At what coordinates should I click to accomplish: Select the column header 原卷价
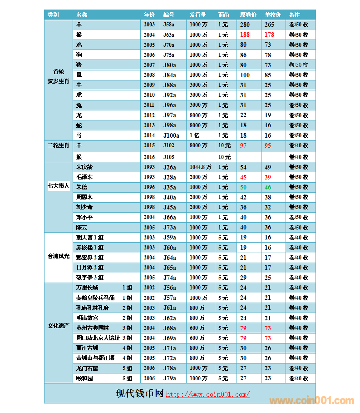click(x=248, y=15)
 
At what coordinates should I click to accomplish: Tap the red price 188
click(x=245, y=35)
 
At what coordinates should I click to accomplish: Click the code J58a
click(x=169, y=25)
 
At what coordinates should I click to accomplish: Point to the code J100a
click(x=171, y=135)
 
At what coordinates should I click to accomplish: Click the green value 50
click(x=243, y=187)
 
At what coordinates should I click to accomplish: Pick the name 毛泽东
click(x=84, y=177)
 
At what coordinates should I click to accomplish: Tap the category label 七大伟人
click(x=59, y=186)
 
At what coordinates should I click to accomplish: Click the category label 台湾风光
click(x=59, y=256)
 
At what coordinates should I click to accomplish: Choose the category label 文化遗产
click(x=59, y=326)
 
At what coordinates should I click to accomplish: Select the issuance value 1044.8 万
click(x=200, y=167)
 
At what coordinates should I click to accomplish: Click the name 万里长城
click(x=87, y=288)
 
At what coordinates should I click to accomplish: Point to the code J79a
click(x=169, y=378)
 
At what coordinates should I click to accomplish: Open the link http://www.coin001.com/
click(x=207, y=394)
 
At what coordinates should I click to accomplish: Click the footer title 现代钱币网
click(x=139, y=394)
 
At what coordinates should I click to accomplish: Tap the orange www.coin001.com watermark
click(x=311, y=401)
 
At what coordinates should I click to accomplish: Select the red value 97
click(x=243, y=145)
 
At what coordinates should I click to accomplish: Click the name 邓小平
click(x=84, y=217)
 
